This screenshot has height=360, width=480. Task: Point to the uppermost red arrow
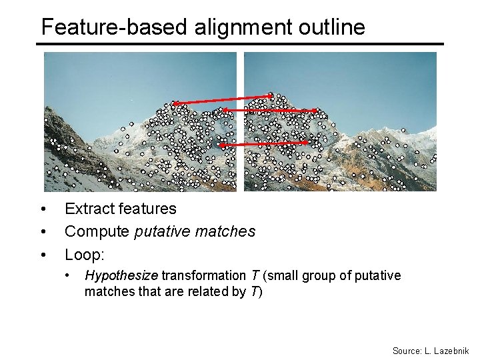(x=222, y=100)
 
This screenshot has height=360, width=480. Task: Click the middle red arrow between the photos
(x=269, y=110)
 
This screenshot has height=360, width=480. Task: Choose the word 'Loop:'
(x=84, y=254)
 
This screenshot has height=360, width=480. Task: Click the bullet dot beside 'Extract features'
(x=43, y=209)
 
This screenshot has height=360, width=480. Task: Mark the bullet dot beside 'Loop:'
(x=43, y=255)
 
